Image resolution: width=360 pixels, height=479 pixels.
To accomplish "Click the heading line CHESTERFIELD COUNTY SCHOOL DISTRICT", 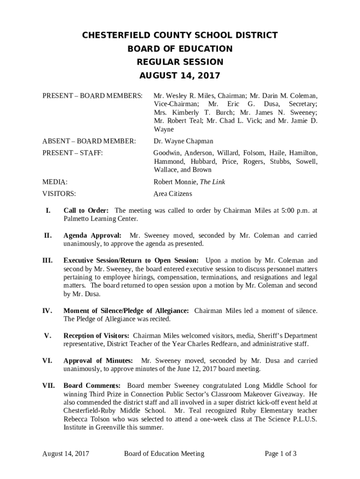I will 180,36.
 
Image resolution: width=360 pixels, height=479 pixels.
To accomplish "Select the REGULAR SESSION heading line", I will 180,62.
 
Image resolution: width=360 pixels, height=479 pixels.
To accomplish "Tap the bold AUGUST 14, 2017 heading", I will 180,76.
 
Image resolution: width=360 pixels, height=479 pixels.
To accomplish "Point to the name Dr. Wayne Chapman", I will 183,141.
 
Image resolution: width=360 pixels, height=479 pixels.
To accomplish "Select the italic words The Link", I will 213,181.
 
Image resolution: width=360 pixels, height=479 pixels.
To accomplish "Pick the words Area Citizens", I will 173,194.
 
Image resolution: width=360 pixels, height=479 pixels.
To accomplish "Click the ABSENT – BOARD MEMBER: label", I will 89,141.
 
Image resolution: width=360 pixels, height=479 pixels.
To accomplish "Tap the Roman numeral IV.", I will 48,311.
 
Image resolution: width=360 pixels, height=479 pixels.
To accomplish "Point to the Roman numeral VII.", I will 49,386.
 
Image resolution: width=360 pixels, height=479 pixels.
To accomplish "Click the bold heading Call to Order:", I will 86,210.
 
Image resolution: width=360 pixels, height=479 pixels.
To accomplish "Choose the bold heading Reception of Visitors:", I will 97,336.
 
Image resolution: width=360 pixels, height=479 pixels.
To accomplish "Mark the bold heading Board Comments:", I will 92,386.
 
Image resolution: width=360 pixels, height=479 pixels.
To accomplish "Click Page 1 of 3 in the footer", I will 281,453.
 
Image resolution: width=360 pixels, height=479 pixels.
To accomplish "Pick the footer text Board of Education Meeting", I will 164,453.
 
